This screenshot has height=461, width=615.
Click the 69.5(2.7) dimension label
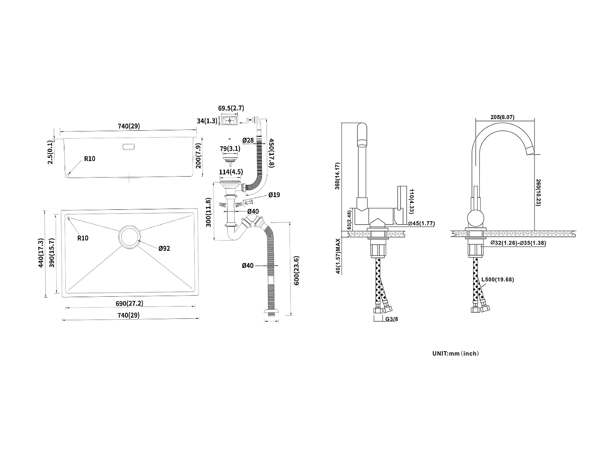[231, 108]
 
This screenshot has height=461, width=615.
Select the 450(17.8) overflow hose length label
[271, 152]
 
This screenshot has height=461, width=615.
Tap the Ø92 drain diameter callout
[164, 248]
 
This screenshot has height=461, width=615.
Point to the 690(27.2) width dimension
[129, 304]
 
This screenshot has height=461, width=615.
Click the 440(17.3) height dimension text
[40, 253]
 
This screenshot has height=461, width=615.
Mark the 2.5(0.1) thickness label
[50, 152]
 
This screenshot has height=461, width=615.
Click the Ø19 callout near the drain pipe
[274, 195]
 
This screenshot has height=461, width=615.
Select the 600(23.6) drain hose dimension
[296, 270]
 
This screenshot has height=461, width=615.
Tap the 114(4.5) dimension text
[231, 172]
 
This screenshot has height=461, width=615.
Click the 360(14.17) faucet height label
[337, 176]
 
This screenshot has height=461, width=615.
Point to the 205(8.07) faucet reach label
[502, 117]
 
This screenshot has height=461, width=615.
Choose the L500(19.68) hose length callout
[497, 279]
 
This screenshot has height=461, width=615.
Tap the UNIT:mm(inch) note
[455, 353]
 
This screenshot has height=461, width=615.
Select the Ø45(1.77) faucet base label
[421, 223]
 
